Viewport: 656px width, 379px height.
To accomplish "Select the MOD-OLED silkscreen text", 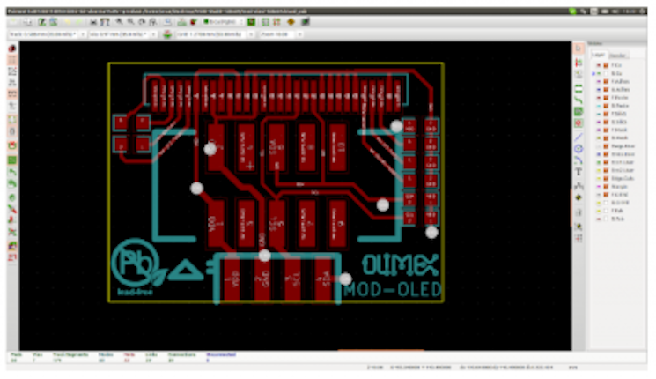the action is pos(392,288).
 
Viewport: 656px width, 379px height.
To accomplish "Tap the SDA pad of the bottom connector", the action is pos(325,283).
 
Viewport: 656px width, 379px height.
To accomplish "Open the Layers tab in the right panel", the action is pos(598,55).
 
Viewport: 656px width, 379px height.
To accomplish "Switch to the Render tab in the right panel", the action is pos(617,55).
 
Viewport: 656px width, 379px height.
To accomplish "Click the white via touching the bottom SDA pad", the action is pos(345,279).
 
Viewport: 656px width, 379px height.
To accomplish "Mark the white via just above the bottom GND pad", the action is pos(264,256).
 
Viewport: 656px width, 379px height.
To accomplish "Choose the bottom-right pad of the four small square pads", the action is pos(142,143).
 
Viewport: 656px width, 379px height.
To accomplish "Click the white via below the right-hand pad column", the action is pos(431,232).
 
